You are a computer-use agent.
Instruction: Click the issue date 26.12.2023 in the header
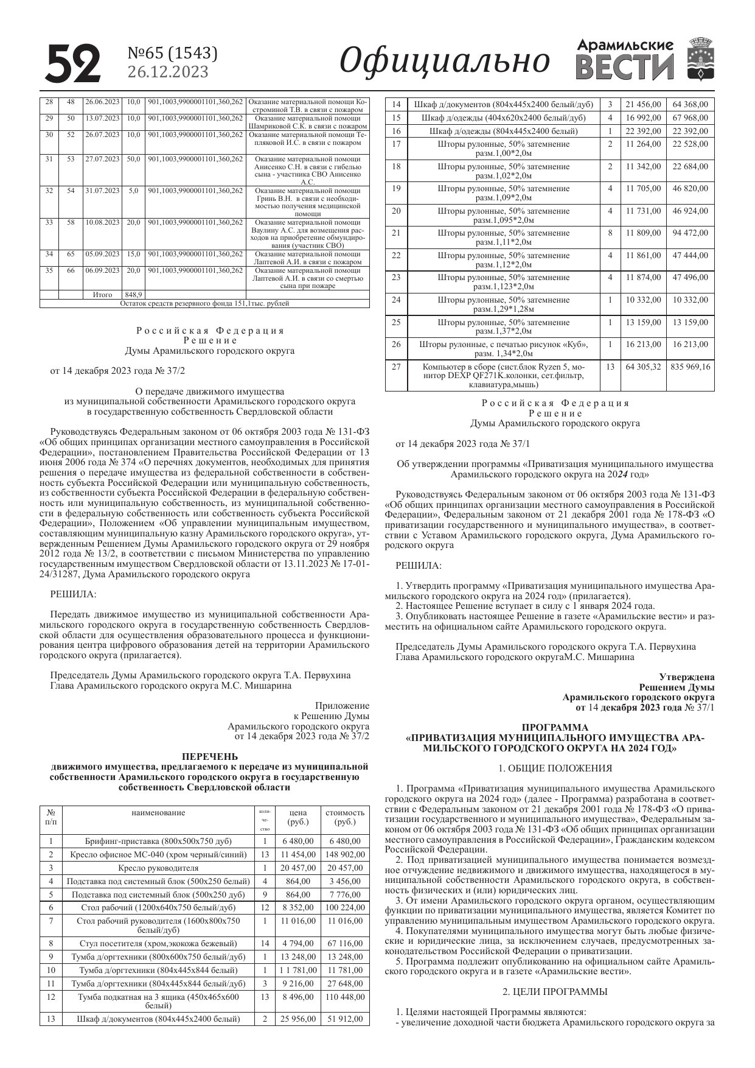tap(167, 72)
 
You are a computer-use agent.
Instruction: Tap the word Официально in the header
tap(444, 61)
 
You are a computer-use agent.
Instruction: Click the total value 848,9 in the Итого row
tap(133, 295)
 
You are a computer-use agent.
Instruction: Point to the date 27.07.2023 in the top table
tap(102, 159)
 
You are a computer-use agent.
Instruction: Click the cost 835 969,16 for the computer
tap(690, 367)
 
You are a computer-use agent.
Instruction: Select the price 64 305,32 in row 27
tap(643, 367)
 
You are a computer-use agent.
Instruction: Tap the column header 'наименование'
tap(158, 812)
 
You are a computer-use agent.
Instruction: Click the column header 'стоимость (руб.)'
tap(345, 817)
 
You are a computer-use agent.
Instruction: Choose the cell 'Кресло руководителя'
tap(158, 868)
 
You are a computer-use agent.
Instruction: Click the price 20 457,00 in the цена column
tap(298, 868)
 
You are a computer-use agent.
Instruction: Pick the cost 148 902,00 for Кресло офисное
tap(345, 854)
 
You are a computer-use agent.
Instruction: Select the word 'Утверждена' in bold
tap(687, 676)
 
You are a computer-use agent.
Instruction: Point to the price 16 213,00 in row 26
tap(643, 345)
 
